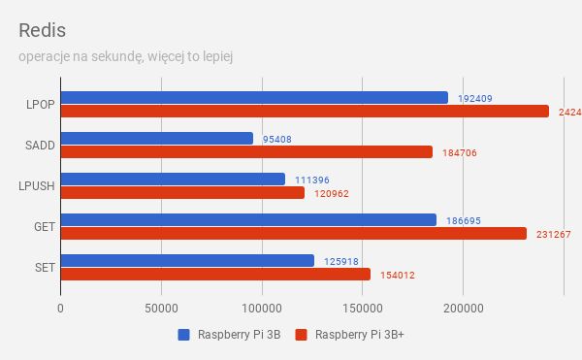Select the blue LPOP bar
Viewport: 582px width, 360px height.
pyautogui.click(x=254, y=97)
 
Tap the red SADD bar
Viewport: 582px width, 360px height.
pyautogui.click(x=246, y=152)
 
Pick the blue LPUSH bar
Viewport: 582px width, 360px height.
pyautogui.click(x=173, y=179)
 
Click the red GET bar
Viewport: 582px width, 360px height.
pyautogui.click(x=293, y=234)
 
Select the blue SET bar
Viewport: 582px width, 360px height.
pyautogui.click(x=187, y=260)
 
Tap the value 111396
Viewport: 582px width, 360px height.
pyautogui.click(x=311, y=180)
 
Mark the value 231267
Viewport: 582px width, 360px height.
pyautogui.click(x=552, y=235)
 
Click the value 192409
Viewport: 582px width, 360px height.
pyautogui.click(x=474, y=98)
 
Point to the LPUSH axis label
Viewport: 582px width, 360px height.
pyautogui.click(x=36, y=185)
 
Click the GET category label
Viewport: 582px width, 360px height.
pyautogui.click(x=43, y=226)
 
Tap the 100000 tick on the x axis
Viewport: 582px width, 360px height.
pyautogui.click(x=261, y=308)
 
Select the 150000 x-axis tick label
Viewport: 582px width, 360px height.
pyautogui.click(x=362, y=308)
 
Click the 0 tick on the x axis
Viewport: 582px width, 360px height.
pyautogui.click(x=60, y=308)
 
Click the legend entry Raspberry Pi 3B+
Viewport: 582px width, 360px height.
pyautogui.click(x=355, y=337)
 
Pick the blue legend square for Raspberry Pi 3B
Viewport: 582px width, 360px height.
pyautogui.click(x=183, y=336)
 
